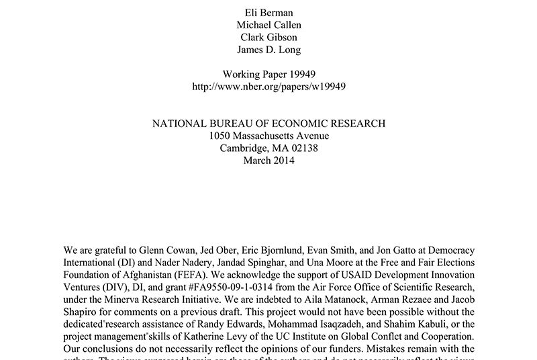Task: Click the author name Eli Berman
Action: click(268, 11)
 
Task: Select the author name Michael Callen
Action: click(268, 24)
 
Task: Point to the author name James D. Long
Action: click(268, 49)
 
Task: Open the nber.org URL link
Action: click(268, 87)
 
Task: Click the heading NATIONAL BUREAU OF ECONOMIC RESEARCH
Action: click(268, 124)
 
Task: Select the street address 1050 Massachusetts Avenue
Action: click(268, 136)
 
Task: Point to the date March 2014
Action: click(268, 161)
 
